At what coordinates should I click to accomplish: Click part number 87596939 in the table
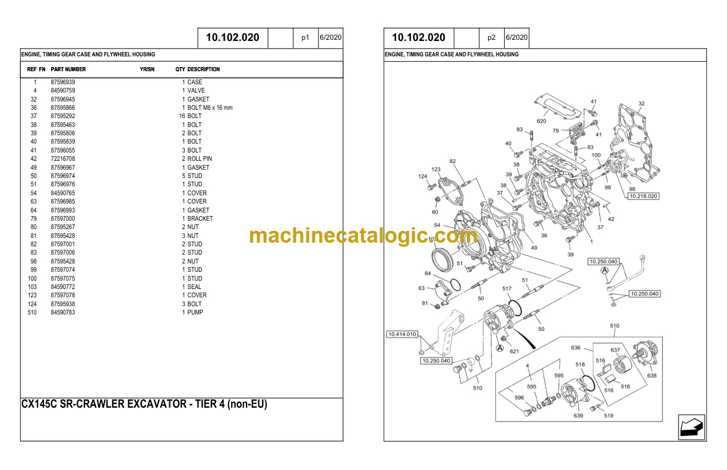coord(63,82)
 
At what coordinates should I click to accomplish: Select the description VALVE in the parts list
coord(196,91)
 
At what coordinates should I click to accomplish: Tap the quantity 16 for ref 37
coord(182,116)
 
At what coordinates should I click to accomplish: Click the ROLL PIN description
coord(200,159)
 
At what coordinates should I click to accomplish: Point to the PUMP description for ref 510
coord(195,313)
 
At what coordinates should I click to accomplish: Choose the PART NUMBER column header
coord(68,69)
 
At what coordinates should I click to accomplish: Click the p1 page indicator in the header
coord(305,37)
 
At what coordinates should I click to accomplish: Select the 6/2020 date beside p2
coord(516,37)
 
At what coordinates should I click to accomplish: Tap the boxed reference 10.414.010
coord(402,335)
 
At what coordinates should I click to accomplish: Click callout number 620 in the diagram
coord(541,121)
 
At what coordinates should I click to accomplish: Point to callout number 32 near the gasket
coord(641,104)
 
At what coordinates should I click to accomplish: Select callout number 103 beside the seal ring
coord(432,239)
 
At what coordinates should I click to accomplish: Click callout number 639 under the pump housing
coord(578,415)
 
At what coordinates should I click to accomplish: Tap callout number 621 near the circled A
coord(514,351)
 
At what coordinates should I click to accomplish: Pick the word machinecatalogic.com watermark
coord(363,236)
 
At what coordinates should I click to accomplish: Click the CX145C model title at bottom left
coord(144,405)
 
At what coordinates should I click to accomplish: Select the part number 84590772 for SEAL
coord(63,287)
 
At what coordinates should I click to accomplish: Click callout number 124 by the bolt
coord(422,176)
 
